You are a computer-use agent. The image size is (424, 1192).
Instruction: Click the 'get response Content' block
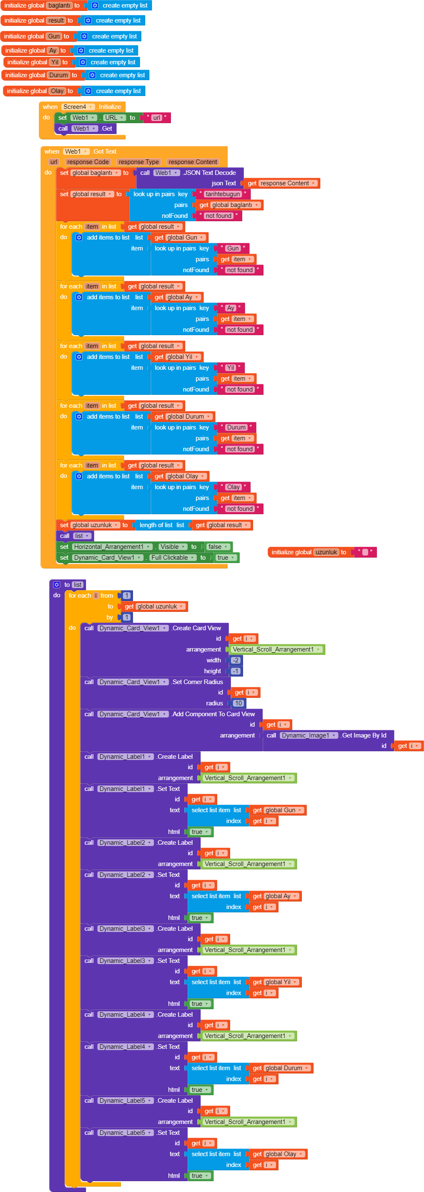281,183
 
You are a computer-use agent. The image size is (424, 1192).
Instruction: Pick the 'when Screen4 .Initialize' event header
82,107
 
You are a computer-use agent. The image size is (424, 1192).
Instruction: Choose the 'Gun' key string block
233,248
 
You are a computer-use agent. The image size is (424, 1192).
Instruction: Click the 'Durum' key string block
236,427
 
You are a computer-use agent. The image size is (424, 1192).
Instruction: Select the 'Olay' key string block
233,487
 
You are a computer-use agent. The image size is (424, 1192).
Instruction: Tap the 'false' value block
217,547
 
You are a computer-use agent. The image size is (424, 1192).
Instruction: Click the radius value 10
238,703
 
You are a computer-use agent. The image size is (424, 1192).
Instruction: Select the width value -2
236,660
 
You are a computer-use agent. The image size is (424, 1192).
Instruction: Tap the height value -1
236,672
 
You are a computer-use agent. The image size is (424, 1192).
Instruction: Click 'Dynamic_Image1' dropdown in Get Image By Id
309,736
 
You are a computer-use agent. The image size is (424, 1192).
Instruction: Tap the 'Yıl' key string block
230,368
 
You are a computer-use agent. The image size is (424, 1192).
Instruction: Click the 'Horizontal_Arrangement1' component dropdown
112,547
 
